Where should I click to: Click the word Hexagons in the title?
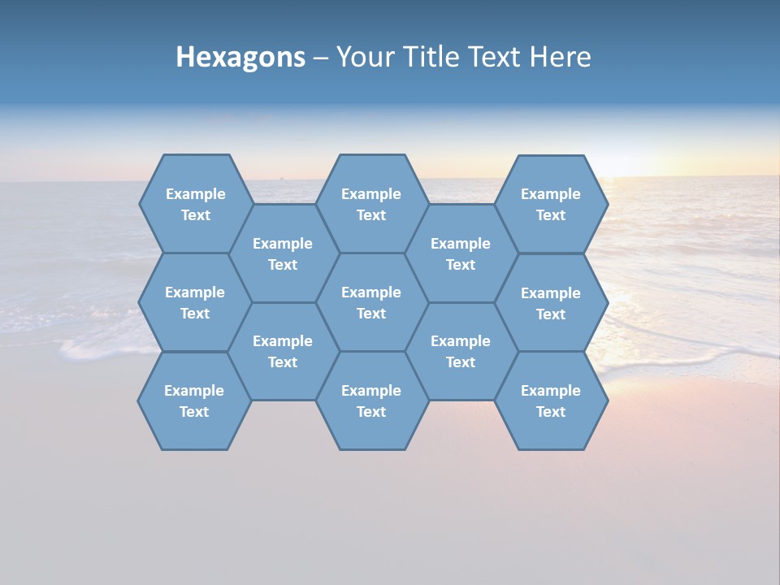click(x=240, y=58)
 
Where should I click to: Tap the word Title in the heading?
click(x=435, y=58)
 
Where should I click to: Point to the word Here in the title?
click(x=560, y=58)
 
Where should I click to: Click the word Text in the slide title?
click(x=496, y=58)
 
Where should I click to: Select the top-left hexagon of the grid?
click(x=195, y=203)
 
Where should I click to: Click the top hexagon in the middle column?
click(x=371, y=203)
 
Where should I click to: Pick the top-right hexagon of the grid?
click(x=551, y=203)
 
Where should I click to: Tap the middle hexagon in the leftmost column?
click(x=195, y=302)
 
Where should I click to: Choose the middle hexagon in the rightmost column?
click(x=551, y=302)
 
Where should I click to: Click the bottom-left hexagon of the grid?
click(x=194, y=401)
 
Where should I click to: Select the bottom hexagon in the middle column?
click(x=371, y=401)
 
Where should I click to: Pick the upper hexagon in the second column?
click(x=283, y=253)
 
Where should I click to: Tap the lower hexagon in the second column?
click(x=283, y=351)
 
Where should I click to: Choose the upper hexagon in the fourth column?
click(x=461, y=253)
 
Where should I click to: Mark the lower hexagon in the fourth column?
click(x=461, y=351)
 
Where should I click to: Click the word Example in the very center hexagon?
click(x=371, y=292)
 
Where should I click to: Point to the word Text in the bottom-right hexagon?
click(x=551, y=412)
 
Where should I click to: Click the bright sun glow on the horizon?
click(x=650, y=167)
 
